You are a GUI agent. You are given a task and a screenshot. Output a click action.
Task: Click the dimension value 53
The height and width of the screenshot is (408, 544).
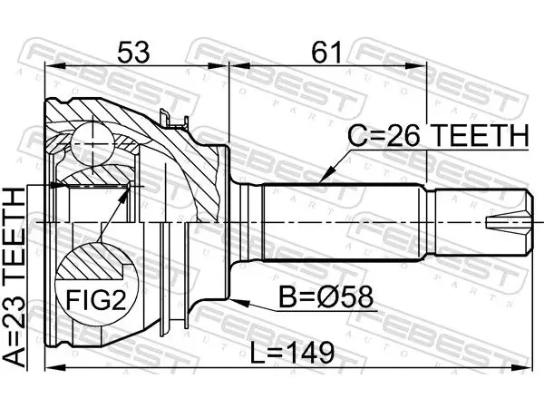click(133, 52)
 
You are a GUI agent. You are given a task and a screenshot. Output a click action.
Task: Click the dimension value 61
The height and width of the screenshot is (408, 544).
click(326, 52)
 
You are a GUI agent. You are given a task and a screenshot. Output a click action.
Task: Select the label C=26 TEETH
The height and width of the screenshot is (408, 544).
click(438, 135)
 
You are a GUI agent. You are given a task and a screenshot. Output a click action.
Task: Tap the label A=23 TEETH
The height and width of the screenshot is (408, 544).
click(15, 277)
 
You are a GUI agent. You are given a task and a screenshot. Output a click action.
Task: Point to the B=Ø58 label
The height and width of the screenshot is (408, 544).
click(326, 296)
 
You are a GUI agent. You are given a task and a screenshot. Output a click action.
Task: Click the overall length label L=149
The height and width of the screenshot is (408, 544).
click(293, 352)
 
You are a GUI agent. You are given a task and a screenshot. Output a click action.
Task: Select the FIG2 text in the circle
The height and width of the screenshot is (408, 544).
click(96, 300)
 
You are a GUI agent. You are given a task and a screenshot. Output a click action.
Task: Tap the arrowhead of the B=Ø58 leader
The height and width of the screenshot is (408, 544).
click(239, 302)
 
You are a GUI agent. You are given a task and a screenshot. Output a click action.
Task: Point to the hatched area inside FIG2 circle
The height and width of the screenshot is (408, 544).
click(91, 262)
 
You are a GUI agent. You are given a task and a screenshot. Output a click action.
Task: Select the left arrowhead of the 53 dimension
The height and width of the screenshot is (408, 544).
click(55, 66)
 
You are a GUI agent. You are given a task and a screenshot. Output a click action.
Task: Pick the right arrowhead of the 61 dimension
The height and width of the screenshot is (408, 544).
click(415, 66)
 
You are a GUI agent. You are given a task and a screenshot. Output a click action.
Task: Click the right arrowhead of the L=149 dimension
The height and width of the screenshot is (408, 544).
click(521, 368)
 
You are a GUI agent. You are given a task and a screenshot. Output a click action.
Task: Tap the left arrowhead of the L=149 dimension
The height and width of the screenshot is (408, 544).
click(55, 368)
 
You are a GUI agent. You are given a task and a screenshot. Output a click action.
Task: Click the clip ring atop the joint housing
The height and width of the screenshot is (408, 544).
click(173, 119)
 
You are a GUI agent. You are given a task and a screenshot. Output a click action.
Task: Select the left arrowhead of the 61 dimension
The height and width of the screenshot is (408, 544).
click(240, 66)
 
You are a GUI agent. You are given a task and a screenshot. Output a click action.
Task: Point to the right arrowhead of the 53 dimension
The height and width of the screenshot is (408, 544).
click(219, 66)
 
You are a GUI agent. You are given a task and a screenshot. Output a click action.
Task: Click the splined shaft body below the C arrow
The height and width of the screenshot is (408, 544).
click(344, 222)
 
